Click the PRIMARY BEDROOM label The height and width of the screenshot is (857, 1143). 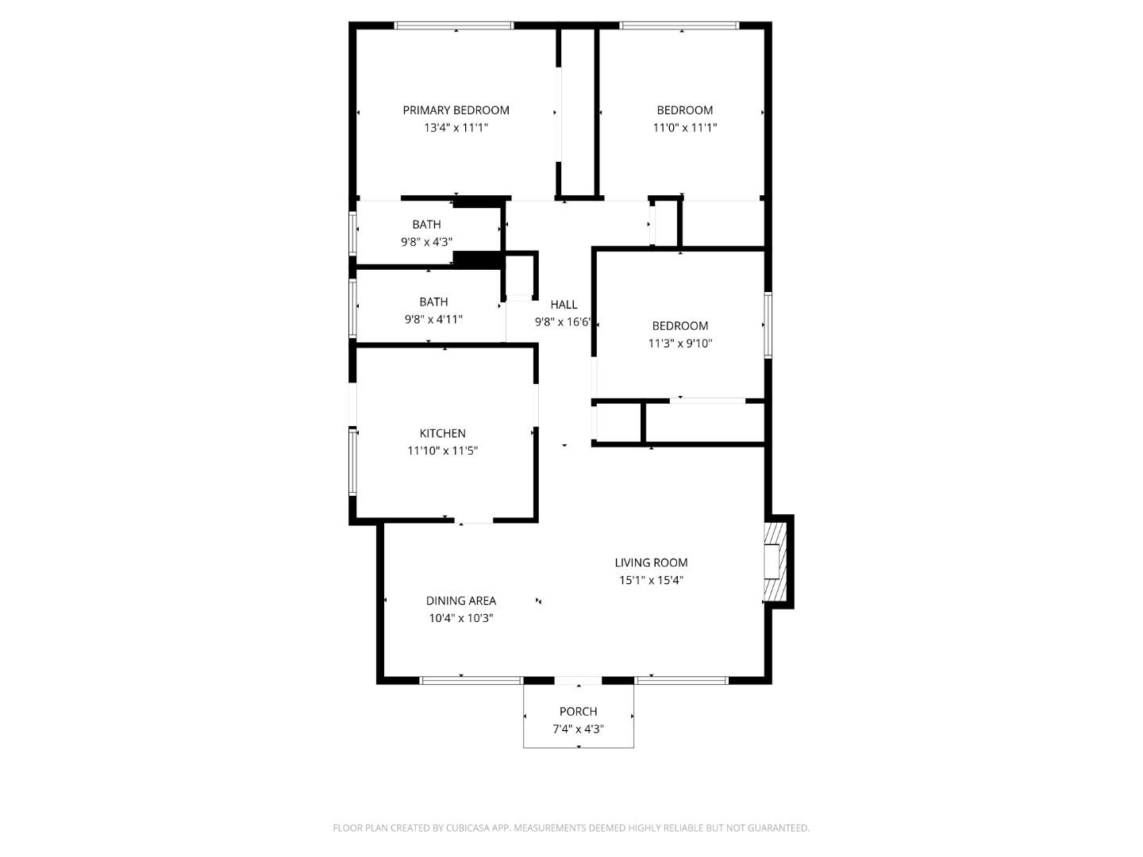click(456, 110)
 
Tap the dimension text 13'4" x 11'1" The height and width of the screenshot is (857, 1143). click(456, 128)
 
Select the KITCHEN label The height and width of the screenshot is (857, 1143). click(442, 433)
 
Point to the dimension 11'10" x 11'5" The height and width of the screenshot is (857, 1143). click(442, 451)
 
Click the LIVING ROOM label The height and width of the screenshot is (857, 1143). click(651, 563)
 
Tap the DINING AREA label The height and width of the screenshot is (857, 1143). click(460, 601)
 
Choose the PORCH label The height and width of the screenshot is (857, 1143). click(578, 712)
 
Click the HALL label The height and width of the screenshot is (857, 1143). click(564, 305)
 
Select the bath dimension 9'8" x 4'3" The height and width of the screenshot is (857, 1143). click(426, 242)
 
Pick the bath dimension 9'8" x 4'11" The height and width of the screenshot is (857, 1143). click(433, 319)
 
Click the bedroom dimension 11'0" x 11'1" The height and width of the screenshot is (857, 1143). click(684, 128)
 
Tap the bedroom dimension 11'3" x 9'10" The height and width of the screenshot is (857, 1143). click(680, 344)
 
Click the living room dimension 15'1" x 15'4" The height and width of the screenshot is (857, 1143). click(651, 580)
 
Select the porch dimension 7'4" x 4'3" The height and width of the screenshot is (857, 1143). click(578, 729)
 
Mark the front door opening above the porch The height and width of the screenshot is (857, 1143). click(578, 681)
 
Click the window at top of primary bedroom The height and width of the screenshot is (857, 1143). click(454, 26)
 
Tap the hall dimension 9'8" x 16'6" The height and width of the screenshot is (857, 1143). click(564, 322)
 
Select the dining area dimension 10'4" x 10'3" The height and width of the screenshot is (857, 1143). click(460, 618)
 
